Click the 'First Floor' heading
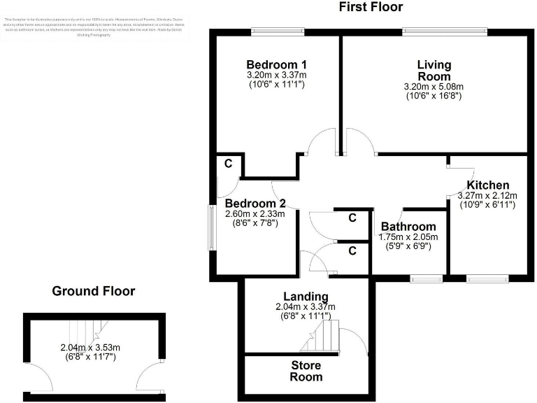(371, 8)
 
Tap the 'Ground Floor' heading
(94, 291)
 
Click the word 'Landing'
(306, 296)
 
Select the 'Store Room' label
(307, 371)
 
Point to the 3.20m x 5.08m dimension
(434, 87)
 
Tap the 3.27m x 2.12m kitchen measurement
(488, 196)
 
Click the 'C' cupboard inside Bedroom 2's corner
(229, 164)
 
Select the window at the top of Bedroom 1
(278, 30)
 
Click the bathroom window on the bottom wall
(426, 279)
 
